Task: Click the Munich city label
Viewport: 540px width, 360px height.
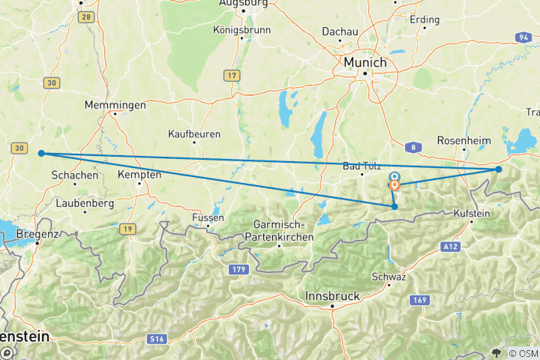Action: (x=364, y=62)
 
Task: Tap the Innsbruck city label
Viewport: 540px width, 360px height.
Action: (x=333, y=296)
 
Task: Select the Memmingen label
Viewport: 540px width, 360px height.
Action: (x=115, y=105)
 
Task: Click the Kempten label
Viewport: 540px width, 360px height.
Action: (x=139, y=174)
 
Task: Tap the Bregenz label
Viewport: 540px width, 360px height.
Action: (x=37, y=234)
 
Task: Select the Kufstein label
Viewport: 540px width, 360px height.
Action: (x=471, y=214)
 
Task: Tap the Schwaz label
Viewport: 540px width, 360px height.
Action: (x=393, y=277)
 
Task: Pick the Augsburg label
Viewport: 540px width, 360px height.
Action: (x=244, y=4)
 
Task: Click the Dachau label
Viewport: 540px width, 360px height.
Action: (x=340, y=31)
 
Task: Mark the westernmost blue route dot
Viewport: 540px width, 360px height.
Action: (x=41, y=153)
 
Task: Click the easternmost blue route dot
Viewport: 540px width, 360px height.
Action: (x=499, y=169)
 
